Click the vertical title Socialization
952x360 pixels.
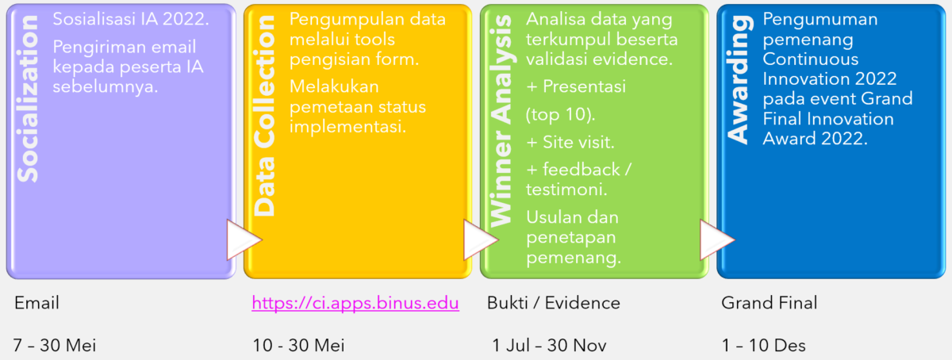pyautogui.click(x=28, y=98)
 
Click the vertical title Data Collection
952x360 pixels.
pyautogui.click(x=264, y=116)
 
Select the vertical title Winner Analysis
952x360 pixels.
pyautogui.click(x=501, y=121)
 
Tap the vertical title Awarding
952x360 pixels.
pyautogui.click(x=739, y=80)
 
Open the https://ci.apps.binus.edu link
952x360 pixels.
pyautogui.click(x=355, y=303)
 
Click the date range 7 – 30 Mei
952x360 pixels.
pyautogui.click(x=55, y=345)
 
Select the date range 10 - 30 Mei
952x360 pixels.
pyautogui.click(x=298, y=345)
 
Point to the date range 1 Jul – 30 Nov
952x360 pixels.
pyautogui.click(x=549, y=345)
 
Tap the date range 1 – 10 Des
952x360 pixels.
pyautogui.click(x=763, y=345)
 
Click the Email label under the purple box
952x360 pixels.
pyautogui.click(x=36, y=303)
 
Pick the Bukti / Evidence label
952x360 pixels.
pyautogui.click(x=554, y=303)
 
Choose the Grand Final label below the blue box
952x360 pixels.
pyautogui.click(x=770, y=303)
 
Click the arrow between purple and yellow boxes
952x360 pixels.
pyautogui.click(x=244, y=239)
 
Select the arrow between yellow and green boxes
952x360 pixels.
pyautogui.click(x=480, y=239)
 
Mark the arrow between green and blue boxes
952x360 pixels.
pyautogui.click(x=717, y=239)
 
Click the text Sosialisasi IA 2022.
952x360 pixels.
pyautogui.click(x=131, y=20)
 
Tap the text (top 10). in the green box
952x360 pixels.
pyautogui.click(x=560, y=115)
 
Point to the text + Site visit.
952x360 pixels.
pyautogui.click(x=570, y=142)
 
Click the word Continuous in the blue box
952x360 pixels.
pyautogui.click(x=811, y=59)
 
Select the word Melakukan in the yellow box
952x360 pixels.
pyautogui.click(x=334, y=86)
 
